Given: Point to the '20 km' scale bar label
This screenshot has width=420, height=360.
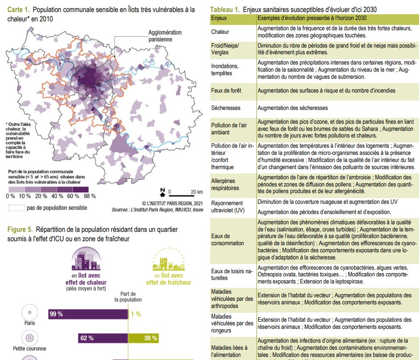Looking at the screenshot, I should coord(196,192).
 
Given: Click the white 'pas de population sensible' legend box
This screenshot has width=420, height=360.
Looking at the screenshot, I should coord(16,208).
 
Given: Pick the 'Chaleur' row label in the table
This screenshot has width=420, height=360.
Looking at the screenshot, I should coord(220,32).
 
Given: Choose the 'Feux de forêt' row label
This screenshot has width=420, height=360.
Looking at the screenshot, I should coord(226,90).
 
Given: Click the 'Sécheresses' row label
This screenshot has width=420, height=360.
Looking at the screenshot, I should coord(226,108).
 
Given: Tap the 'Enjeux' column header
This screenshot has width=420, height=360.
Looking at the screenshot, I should coord(219,18).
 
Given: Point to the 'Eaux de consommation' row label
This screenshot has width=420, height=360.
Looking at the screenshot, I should coord(228,239).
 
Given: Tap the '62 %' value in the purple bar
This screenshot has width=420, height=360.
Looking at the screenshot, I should coord(87,338).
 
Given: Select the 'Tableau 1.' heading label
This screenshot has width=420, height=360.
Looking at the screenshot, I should coord(225,9).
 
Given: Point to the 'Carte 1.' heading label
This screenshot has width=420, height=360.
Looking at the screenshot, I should coord(18,9).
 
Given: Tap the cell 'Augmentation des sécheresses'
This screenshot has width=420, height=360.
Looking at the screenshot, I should coord(293,108).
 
